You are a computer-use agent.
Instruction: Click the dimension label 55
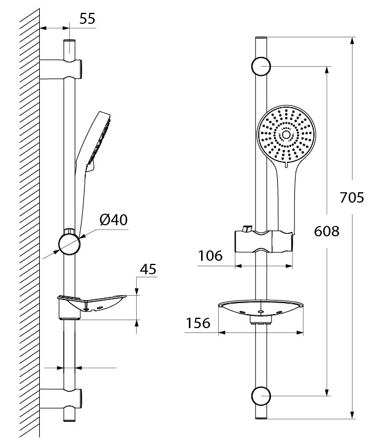pyautogui.click(x=87, y=19)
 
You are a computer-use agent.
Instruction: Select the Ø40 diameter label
pyautogui.click(x=113, y=220)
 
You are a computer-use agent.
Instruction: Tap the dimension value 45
pyautogui.click(x=148, y=269)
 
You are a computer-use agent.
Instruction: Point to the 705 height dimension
pyautogui.click(x=352, y=197)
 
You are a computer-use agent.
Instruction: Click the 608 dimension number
pyautogui.click(x=327, y=231)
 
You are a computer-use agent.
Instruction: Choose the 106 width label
pyautogui.click(x=210, y=256)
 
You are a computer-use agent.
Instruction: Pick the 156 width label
pyautogui.click(x=198, y=323)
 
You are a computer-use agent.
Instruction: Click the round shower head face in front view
pyautogui.click(x=286, y=135)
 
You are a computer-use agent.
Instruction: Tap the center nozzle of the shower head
pyautogui.click(x=286, y=135)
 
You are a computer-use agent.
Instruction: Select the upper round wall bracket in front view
pyautogui.click(x=261, y=67)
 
